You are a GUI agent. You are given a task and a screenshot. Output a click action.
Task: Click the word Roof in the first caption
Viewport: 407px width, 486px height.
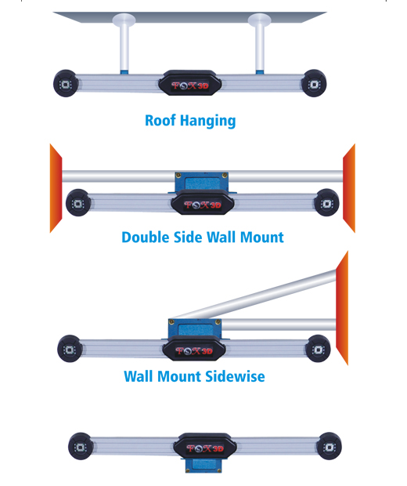(x=160, y=120)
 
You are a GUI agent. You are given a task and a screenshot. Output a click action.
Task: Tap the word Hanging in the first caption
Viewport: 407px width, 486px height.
(x=208, y=121)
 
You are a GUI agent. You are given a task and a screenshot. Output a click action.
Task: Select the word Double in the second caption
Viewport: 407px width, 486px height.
(x=146, y=238)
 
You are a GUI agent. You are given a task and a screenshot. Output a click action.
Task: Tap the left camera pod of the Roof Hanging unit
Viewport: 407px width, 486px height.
(x=65, y=83)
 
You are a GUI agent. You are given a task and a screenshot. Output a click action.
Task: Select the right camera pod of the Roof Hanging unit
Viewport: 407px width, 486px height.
(x=314, y=83)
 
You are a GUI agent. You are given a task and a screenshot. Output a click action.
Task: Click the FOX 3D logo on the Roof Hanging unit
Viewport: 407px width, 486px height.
(x=190, y=85)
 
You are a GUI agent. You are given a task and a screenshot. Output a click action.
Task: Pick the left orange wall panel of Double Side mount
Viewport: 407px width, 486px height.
(x=56, y=188)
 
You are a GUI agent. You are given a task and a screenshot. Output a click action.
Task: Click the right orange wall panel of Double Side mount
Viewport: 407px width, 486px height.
(x=349, y=188)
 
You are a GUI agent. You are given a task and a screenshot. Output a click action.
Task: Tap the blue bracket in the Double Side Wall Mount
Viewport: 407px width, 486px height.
(x=202, y=182)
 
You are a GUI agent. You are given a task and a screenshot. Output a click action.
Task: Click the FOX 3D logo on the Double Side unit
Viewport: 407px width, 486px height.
(x=203, y=205)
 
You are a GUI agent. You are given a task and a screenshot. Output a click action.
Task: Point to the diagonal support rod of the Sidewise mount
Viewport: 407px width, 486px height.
(x=253, y=295)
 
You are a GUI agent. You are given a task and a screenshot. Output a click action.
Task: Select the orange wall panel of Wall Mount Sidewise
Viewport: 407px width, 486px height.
(x=342, y=308)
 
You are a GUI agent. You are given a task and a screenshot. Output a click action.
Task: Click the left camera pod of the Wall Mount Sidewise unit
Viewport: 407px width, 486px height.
(x=70, y=349)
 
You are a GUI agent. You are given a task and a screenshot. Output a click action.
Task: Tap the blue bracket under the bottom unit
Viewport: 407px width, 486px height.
(x=203, y=466)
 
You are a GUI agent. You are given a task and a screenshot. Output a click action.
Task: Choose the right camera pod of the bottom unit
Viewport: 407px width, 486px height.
(x=329, y=446)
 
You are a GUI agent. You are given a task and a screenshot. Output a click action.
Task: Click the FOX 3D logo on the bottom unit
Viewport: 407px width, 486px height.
(x=205, y=448)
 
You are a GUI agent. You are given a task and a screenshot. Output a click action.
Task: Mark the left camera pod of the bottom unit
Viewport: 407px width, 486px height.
(x=81, y=446)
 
